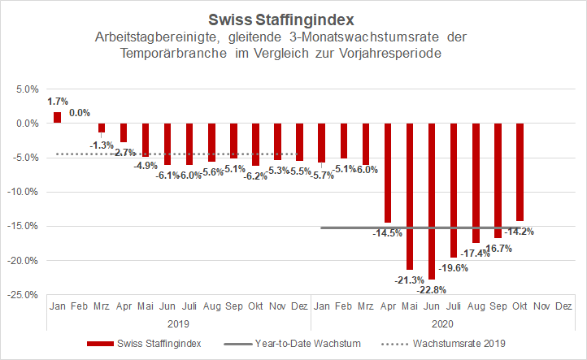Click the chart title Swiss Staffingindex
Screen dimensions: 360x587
(293, 19)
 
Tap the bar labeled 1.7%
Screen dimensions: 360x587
(58, 117)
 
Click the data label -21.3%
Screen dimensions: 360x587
(409, 280)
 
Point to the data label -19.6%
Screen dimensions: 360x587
(454, 267)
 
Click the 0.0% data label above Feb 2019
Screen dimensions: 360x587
(80, 113)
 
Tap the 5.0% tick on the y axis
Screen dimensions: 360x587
(27, 89)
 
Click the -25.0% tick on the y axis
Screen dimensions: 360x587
(24, 294)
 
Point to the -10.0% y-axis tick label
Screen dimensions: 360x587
(24, 192)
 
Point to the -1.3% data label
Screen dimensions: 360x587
(102, 145)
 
